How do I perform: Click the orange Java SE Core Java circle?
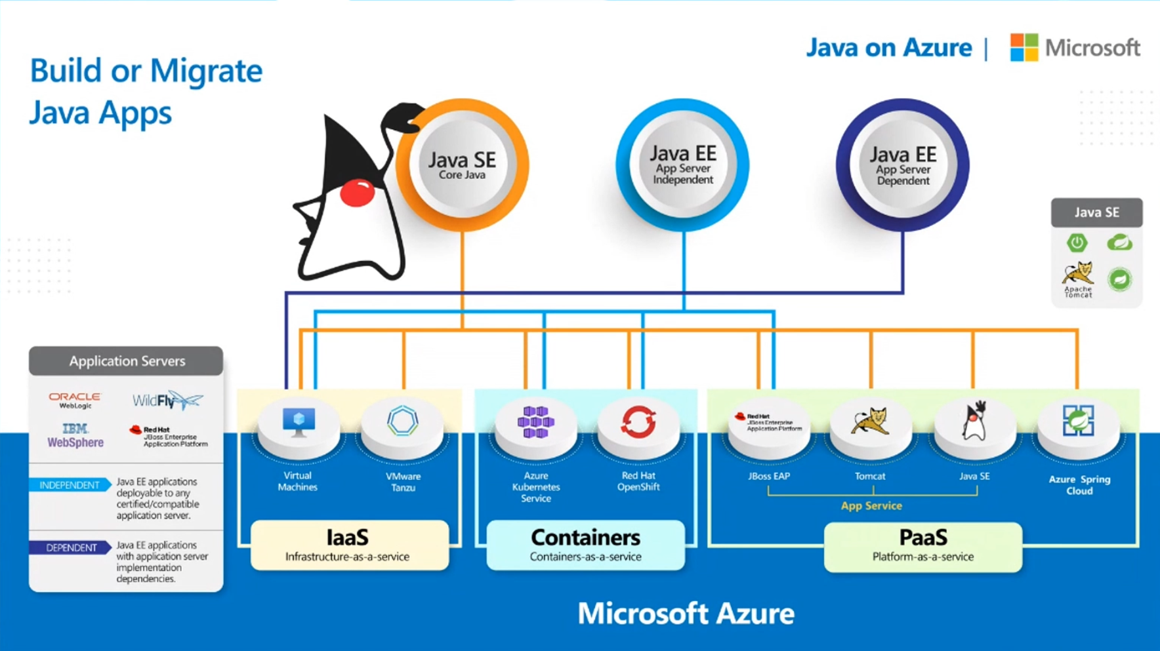(462, 165)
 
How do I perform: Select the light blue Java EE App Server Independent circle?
(682, 165)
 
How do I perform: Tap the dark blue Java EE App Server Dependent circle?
(902, 165)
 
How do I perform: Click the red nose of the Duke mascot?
(357, 193)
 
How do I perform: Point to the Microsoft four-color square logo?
(1024, 47)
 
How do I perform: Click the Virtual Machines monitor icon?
(299, 422)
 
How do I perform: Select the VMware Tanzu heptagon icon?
(402, 421)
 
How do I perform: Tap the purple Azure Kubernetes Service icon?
(535, 422)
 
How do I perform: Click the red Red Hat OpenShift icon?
(638, 422)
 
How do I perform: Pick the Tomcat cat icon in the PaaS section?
(870, 421)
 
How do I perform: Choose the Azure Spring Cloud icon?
(1078, 421)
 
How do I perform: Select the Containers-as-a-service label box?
(585, 545)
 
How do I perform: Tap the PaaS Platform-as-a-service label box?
(922, 546)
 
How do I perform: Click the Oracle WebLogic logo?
(75, 400)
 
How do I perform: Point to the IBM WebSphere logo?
(75, 436)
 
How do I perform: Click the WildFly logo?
(167, 400)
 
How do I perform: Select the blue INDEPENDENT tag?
(69, 485)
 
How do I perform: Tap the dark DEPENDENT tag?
(70, 547)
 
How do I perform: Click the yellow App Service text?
(871, 505)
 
